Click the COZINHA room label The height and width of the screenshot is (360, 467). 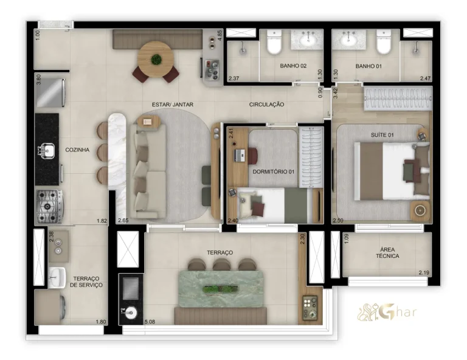click(x=78, y=149)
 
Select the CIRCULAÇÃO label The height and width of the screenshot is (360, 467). click(x=266, y=105)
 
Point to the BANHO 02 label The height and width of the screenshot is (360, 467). click(x=293, y=65)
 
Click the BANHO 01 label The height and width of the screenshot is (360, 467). click(x=369, y=65)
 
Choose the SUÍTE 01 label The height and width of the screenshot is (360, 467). click(x=382, y=134)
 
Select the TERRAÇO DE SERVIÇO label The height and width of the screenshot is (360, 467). click(x=86, y=281)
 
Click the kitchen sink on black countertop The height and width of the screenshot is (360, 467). click(x=46, y=149)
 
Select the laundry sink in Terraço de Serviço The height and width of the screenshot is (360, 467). click(x=57, y=277)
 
